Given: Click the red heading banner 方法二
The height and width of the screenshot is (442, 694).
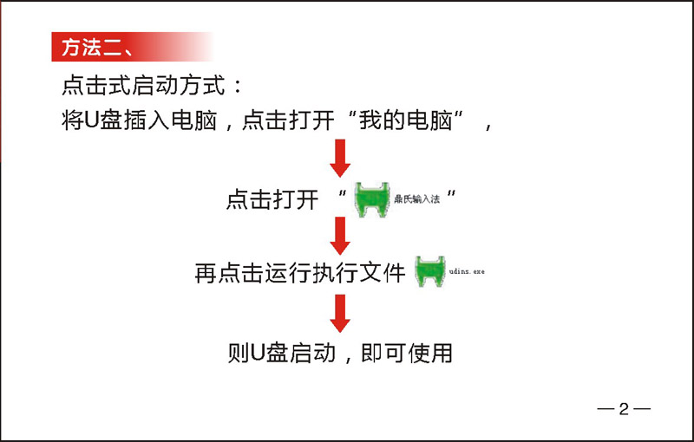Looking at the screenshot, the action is point(132,47).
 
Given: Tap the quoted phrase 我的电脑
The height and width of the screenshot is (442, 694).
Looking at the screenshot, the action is point(405,120).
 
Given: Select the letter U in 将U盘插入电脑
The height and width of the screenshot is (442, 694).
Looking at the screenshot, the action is point(91,120).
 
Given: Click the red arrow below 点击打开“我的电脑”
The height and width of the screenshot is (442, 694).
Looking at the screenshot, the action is point(340,159).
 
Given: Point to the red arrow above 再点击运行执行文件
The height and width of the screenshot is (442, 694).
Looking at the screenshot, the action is point(340,236).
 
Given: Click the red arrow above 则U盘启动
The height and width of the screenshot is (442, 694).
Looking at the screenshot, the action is point(340,314).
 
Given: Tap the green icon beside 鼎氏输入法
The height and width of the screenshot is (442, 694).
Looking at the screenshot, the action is point(372,199).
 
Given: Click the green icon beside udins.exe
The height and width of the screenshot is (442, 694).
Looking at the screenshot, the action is point(429,271).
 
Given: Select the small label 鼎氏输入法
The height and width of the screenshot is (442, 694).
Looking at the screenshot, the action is point(417,199).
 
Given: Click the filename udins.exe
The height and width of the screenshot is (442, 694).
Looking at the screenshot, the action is point(467,271).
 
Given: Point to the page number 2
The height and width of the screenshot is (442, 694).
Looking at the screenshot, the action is point(624,409).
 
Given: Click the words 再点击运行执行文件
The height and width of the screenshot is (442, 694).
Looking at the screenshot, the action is point(300,273).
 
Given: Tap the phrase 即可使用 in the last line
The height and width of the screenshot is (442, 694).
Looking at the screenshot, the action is point(407,353).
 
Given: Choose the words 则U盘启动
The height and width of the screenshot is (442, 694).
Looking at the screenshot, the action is point(282,353).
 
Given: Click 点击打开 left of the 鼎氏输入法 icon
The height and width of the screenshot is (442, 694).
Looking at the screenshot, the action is point(272,199).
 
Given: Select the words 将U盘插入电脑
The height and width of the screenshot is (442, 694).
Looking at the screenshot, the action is point(140,120).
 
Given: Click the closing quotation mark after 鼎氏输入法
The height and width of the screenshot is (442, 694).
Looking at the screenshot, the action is point(451,193).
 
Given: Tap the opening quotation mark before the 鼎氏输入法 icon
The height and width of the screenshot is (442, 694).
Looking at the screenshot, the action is point(342,193).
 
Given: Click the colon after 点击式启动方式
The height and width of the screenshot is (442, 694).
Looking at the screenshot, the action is point(238,86).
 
